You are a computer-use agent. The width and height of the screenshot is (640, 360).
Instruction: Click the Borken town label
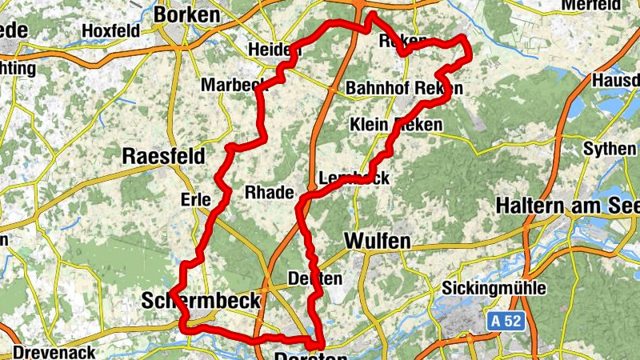[186, 14]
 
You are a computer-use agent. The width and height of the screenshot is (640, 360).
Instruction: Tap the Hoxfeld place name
[110, 31]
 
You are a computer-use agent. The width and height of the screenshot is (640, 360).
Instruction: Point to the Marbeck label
[233, 85]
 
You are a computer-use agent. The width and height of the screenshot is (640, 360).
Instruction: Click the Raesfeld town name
[163, 155]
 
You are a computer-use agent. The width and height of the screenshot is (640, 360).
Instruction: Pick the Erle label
[195, 198]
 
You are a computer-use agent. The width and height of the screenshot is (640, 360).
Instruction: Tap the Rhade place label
[269, 193]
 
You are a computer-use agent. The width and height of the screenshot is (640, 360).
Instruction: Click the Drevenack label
[54, 352]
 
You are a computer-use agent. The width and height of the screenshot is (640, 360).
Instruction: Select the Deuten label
[314, 278]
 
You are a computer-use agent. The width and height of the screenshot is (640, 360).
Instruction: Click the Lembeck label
[354, 178]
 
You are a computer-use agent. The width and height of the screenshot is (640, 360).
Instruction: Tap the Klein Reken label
[390, 125]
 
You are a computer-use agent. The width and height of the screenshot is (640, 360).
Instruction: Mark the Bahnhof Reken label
[404, 88]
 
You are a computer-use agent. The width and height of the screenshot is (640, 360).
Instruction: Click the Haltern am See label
[567, 205]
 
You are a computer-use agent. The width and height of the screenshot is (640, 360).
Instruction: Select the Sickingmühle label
[494, 288]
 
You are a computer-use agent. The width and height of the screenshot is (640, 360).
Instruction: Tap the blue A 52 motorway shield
[506, 322]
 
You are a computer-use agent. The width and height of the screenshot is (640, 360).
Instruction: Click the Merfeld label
[613, 5]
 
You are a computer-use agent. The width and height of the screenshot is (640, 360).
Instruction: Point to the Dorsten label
[311, 354]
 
